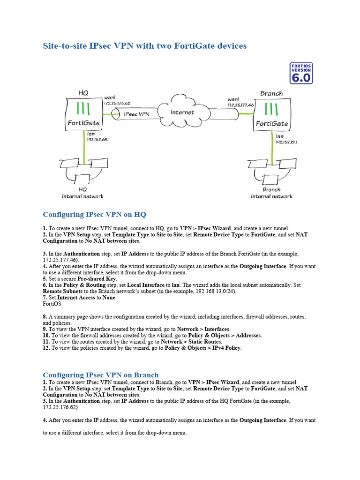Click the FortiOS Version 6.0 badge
300,73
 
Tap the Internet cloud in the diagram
182,112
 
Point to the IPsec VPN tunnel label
136,114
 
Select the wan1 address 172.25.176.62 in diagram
117,103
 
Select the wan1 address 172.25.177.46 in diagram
240,105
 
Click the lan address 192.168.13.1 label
286,142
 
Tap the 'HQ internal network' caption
83,193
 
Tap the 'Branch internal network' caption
271,193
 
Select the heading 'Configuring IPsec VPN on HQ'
94,215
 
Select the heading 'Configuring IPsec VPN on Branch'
101,375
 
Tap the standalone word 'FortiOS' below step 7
52,303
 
